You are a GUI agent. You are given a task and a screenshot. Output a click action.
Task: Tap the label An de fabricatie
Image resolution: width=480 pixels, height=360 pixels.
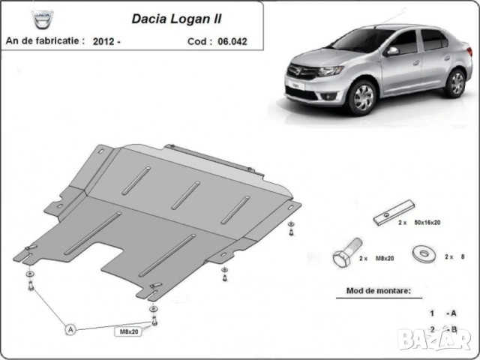click(x=44, y=40)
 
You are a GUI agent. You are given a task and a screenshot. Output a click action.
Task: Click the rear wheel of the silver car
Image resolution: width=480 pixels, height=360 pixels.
click(x=454, y=81)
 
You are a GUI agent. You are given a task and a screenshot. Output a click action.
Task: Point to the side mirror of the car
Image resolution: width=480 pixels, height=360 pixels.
click(x=391, y=52)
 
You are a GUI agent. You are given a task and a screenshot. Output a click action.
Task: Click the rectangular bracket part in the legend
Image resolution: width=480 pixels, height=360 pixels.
click(x=393, y=213)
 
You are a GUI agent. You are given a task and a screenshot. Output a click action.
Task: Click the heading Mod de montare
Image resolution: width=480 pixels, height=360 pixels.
click(x=379, y=289)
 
